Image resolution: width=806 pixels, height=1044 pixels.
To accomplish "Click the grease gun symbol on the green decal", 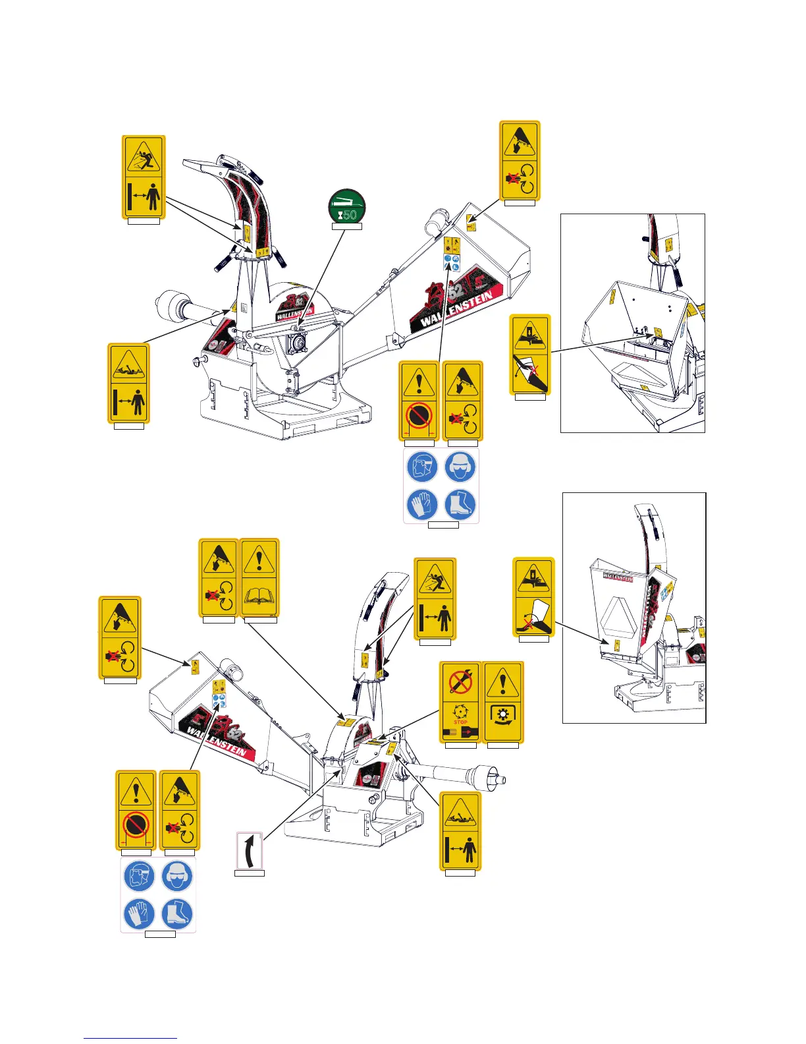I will pos(347,200).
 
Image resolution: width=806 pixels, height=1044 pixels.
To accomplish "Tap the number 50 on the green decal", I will pos(350,215).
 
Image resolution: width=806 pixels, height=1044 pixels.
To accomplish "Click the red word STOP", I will pos(460,722).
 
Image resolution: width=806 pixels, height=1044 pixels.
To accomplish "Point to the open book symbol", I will pos(259,597).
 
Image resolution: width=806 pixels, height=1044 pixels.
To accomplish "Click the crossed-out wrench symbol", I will pos(460,681).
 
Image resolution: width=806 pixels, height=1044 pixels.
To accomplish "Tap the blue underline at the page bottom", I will pos(130,1038).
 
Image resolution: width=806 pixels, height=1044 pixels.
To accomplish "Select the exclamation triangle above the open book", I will pos(259,560).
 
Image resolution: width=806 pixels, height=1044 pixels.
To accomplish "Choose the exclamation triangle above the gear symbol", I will pos(502,682).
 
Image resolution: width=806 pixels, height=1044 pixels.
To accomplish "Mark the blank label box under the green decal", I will pos(346,227).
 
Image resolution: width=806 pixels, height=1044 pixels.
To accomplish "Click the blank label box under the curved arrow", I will pos(250,873).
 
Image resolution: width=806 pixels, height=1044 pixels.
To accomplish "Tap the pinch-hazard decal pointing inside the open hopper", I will pos(530,355).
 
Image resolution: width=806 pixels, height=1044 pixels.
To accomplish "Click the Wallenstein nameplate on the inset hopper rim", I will pos(618,577).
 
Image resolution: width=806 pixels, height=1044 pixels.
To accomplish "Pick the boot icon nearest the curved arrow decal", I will pos(177,913).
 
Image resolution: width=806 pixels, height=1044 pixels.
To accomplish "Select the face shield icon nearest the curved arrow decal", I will pos(139,877).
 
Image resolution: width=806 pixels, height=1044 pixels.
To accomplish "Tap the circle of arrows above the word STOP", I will pos(460,710).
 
